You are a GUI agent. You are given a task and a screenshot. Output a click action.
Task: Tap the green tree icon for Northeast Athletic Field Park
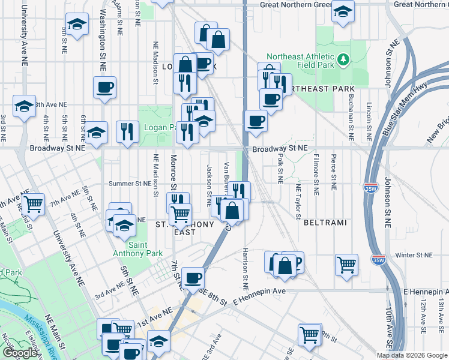(343, 59)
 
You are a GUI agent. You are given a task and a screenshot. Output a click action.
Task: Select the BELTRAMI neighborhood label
(325, 223)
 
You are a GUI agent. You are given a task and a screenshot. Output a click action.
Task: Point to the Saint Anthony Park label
(146, 249)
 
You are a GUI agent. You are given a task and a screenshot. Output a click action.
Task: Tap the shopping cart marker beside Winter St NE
(346, 263)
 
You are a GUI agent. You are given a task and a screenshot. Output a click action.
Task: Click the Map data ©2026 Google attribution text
(412, 355)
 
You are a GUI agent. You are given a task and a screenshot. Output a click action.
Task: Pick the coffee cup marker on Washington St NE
(104, 87)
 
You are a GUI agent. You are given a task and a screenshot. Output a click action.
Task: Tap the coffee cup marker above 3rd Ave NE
(193, 278)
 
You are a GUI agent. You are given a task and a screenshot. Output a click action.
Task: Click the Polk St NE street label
(280, 167)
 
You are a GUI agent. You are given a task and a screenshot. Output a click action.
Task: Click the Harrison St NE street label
(246, 264)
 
